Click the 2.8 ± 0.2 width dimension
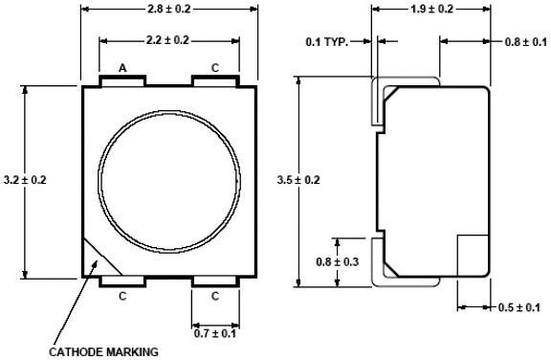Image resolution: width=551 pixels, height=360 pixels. pos(168,9)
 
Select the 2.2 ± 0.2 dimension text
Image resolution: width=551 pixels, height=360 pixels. pos(169,40)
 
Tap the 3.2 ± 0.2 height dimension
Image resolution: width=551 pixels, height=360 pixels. pos(25,179)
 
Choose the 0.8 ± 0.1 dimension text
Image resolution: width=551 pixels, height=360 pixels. pos(526,42)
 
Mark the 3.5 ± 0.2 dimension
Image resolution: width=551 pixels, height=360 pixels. pos(297,180)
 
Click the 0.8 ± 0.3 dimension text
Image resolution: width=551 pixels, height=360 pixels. pos(339,259)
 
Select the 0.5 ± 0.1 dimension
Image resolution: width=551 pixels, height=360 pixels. pos(519,306)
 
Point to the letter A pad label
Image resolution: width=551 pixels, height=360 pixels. pos(122,68)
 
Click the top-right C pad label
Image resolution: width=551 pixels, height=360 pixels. pos(214,68)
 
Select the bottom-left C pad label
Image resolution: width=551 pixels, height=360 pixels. pos(122,296)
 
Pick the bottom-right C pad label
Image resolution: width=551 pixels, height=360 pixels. pos(214,296)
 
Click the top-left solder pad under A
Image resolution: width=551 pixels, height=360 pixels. pos(122,80)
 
